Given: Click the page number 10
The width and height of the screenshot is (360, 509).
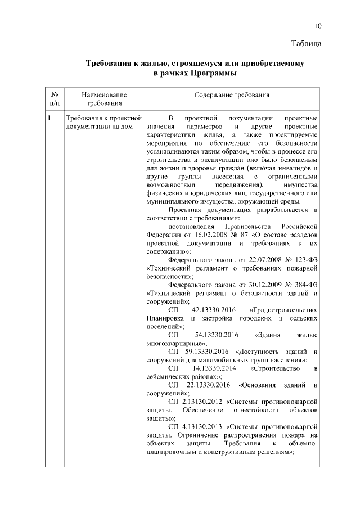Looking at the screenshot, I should [318, 26].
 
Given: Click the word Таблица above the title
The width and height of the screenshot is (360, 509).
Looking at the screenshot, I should [307, 43].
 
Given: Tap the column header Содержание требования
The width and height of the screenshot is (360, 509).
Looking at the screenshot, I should [232, 96].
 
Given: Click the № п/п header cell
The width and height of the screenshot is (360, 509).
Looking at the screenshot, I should [55, 100].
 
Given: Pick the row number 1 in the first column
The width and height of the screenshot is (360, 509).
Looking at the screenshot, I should [49, 118].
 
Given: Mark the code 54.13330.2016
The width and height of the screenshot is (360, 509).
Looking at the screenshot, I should [216, 335].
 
